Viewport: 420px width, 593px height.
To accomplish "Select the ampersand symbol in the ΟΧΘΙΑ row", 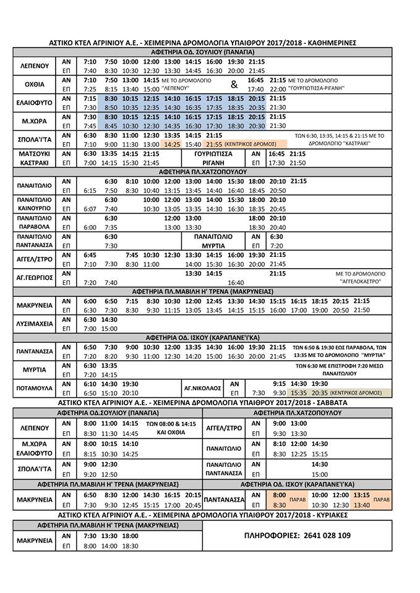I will point(234,85).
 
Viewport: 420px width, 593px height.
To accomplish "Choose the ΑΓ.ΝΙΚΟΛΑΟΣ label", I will point(202,388).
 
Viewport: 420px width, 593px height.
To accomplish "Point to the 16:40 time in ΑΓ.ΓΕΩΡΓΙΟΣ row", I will point(236,282).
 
